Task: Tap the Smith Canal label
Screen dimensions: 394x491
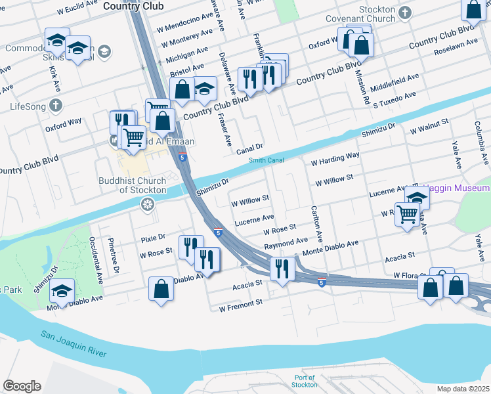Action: point(266,160)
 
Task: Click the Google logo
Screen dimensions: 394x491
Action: point(22,386)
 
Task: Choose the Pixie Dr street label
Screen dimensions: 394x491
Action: point(152,236)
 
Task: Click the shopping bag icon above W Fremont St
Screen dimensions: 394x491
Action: point(161,289)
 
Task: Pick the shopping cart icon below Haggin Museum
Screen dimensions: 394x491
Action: point(407,213)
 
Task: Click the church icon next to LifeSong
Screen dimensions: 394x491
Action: point(56,106)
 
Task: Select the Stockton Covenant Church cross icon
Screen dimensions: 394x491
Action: point(405,12)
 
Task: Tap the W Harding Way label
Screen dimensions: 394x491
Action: point(335,159)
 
